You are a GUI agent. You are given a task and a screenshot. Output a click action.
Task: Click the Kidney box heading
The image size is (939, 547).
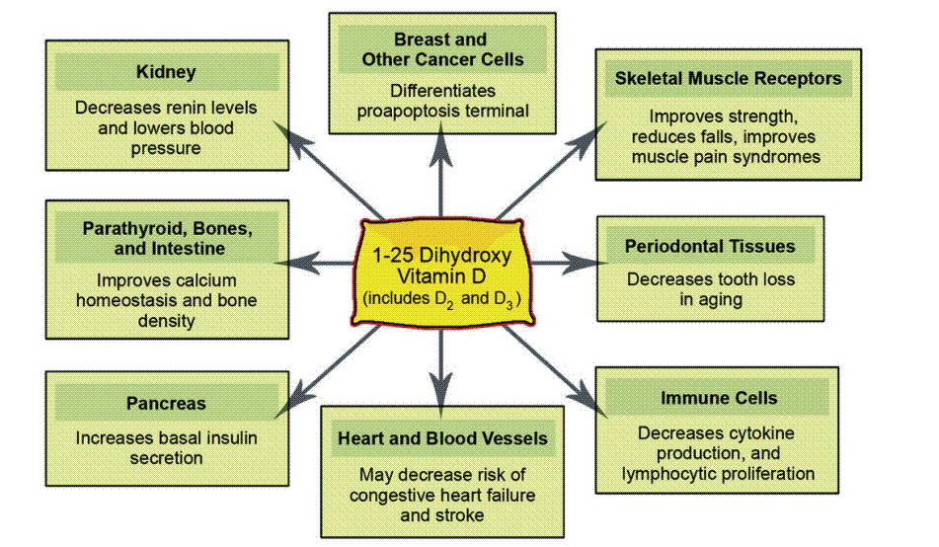tap(166, 72)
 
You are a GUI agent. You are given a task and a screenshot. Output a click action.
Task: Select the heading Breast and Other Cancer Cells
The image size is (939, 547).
tap(439, 49)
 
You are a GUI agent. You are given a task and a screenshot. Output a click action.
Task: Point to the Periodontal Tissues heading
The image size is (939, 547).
tap(709, 246)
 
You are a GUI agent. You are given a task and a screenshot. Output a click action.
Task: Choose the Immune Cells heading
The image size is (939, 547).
tap(718, 399)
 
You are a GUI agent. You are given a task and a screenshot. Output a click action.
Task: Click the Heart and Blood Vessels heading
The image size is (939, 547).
tap(442, 437)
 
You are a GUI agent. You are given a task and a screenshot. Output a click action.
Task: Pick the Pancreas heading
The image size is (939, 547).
tap(166, 403)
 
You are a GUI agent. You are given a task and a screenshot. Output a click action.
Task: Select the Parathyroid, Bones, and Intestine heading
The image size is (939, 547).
tap(167, 238)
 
